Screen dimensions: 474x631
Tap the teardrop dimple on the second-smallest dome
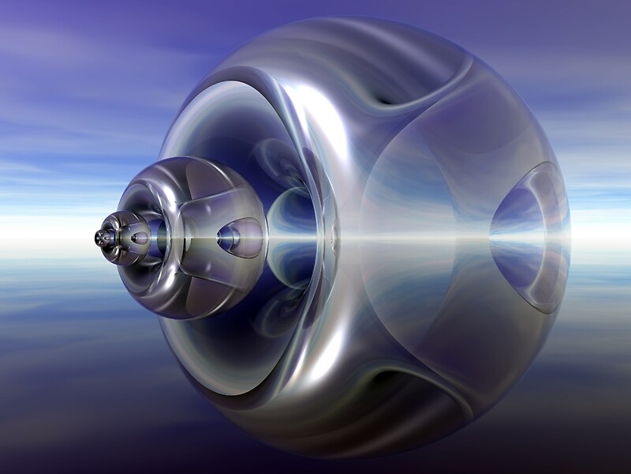pos(140,238)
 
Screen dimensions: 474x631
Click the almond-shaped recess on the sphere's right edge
pos(528,237)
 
